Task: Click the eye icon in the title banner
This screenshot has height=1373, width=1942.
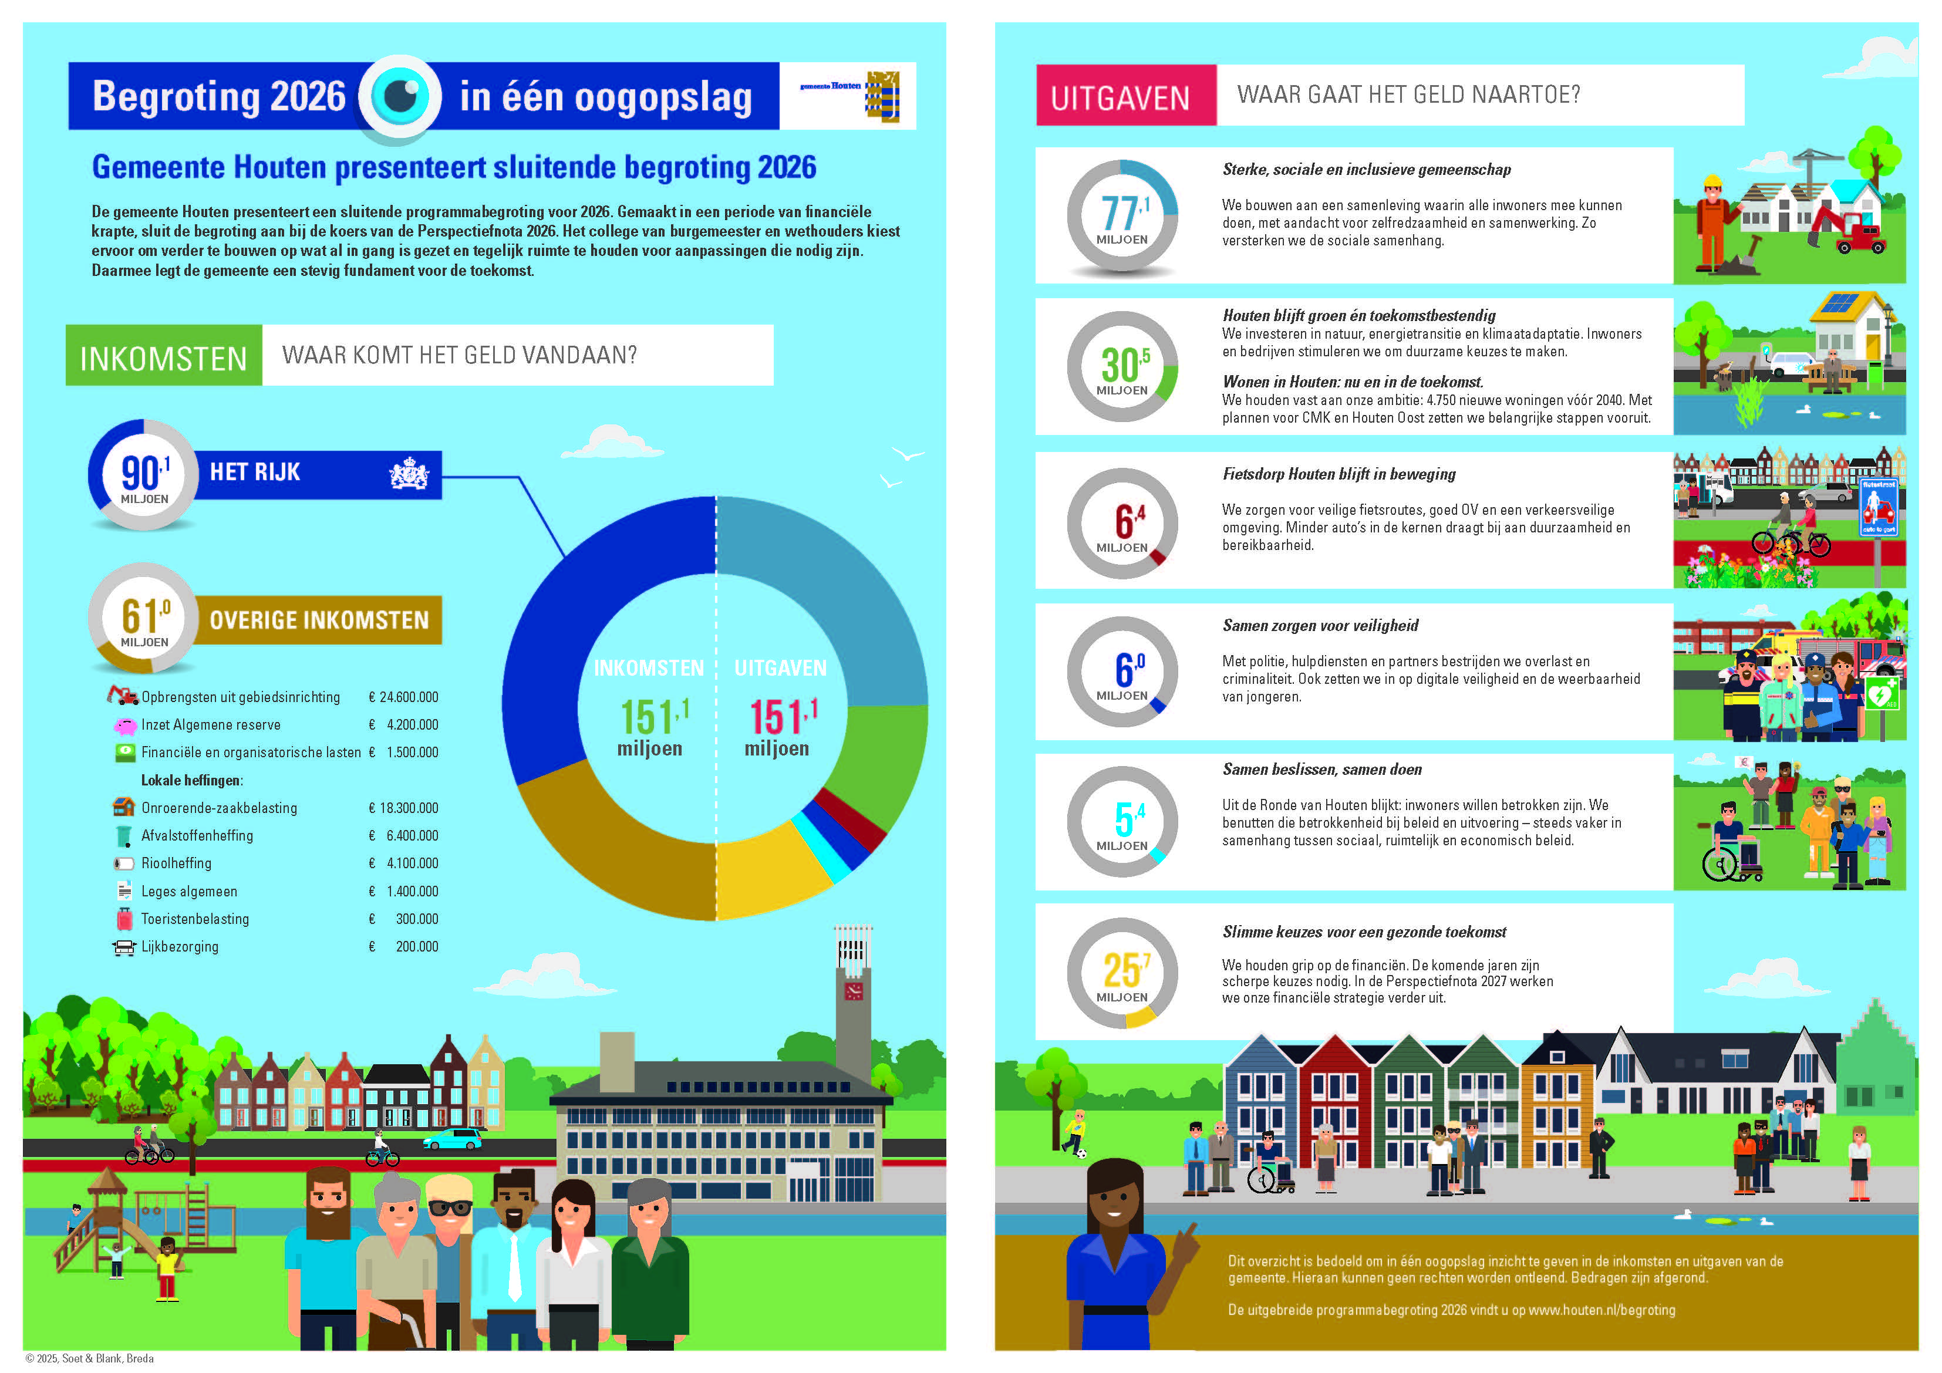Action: (x=400, y=96)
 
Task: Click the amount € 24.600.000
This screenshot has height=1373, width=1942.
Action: (x=403, y=697)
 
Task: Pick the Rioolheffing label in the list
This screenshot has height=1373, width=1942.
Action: (x=176, y=863)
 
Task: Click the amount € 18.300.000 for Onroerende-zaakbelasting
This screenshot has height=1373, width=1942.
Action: (x=403, y=808)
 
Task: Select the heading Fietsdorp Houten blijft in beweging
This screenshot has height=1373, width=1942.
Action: (x=1339, y=474)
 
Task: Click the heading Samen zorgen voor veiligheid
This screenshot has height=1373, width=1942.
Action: (x=1320, y=626)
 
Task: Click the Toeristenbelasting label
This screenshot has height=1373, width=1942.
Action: (x=195, y=919)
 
